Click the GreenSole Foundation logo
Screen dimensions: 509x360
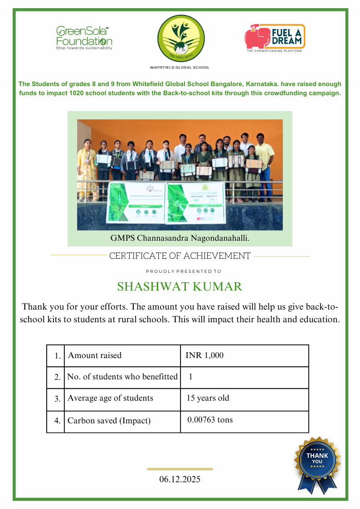tap(84, 38)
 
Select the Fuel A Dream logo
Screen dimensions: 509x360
tap(275, 38)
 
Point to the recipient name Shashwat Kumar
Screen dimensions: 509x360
tap(180, 287)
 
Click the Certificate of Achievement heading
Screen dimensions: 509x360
tap(180, 256)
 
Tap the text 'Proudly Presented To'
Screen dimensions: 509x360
tap(183, 271)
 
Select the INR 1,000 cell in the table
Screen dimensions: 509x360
tap(204, 355)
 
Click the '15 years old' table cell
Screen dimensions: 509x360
tap(208, 398)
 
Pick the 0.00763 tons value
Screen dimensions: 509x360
tap(210, 420)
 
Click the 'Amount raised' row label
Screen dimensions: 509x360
tap(95, 355)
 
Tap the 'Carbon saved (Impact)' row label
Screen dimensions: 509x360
tap(109, 421)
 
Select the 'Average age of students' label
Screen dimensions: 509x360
tap(110, 398)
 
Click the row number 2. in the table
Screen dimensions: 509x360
tap(57, 377)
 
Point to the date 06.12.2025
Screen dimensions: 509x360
tap(180, 479)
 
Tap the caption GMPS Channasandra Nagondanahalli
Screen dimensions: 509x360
tap(180, 238)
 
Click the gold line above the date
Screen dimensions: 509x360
tap(180, 469)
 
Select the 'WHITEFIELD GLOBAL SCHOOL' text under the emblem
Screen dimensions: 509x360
tap(180, 68)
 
